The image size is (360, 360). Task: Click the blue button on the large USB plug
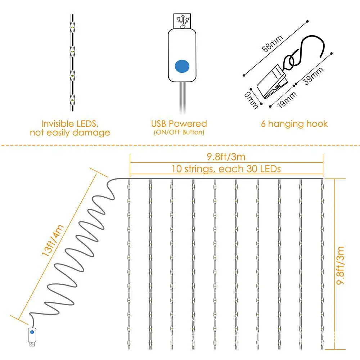point(182,66)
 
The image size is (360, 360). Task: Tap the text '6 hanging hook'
point(294,124)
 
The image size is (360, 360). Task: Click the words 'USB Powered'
point(179,124)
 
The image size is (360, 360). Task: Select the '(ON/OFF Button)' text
point(179,132)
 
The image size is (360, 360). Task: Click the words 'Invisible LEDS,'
point(69,124)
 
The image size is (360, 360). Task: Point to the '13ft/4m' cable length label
point(53,240)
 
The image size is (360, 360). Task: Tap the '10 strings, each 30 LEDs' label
point(226,168)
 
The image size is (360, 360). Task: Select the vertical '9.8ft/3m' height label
point(341,266)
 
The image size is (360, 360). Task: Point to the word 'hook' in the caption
point(317,124)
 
